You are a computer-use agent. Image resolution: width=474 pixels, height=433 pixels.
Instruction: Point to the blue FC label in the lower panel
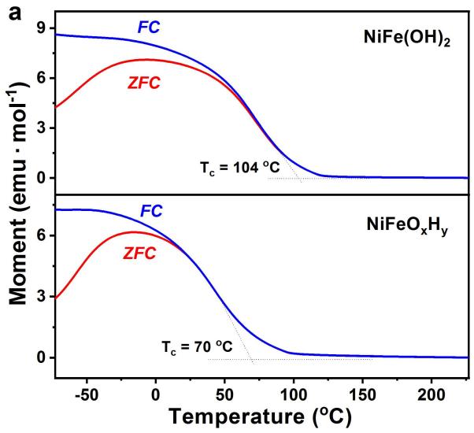pyautogui.click(x=152, y=210)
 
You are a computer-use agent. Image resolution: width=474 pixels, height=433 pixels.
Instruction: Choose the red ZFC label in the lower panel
pyautogui.click(x=139, y=253)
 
